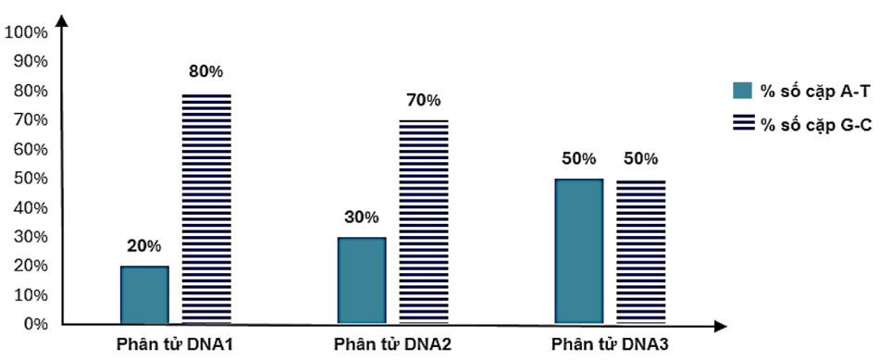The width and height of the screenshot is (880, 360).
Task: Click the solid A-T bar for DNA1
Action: coord(144,294)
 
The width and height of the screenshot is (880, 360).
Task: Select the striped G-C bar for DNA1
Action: coord(206,208)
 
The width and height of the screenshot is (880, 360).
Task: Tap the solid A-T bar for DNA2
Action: coord(361,279)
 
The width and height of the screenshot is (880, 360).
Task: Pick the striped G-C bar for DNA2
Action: coord(424,222)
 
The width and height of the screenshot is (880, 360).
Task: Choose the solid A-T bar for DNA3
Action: coord(578,251)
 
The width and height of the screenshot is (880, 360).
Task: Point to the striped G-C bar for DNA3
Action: coord(640,251)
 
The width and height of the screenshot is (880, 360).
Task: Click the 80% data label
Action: coord(206,71)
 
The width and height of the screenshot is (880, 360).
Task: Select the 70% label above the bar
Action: coord(424,100)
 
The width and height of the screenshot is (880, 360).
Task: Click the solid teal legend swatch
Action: coord(742,90)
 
